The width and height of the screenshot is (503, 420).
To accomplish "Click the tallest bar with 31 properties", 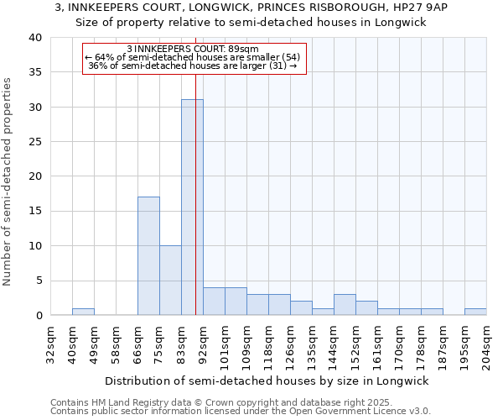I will (192, 207).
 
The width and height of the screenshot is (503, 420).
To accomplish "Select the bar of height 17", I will (148, 256).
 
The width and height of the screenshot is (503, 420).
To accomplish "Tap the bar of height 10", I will (170, 281).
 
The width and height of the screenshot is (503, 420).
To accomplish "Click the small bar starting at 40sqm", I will (83, 312).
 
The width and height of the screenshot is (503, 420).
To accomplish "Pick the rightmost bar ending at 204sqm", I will (475, 312).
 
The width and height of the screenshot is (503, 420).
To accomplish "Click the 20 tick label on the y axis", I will (35, 176).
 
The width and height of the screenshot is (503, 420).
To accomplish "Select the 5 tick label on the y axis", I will (39, 281).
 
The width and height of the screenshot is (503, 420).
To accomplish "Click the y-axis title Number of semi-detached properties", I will (8, 181).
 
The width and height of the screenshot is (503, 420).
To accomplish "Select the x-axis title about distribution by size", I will (267, 381).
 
